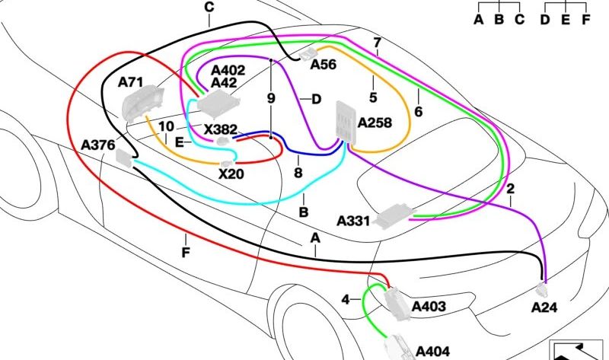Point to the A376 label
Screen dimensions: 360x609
pos(98,144)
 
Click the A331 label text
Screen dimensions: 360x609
pos(353,221)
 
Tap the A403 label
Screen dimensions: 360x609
pos(429,307)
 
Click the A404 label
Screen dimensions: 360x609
pos(434,351)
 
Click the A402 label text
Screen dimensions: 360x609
pos(228,71)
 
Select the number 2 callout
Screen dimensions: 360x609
pos(510,188)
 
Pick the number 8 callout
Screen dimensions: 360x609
pos(298,174)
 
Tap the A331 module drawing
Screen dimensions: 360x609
pos(395,215)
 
